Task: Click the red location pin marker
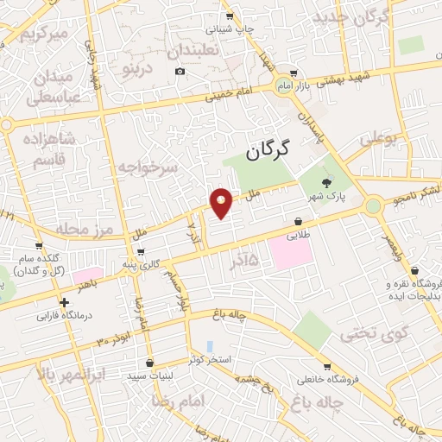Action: click(x=221, y=202)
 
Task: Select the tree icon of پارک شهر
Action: click(x=325, y=182)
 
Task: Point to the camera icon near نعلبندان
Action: click(x=180, y=71)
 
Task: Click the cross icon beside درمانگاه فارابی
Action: click(x=64, y=302)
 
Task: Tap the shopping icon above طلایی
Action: click(x=298, y=220)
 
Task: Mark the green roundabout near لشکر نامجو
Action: click(x=373, y=206)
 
